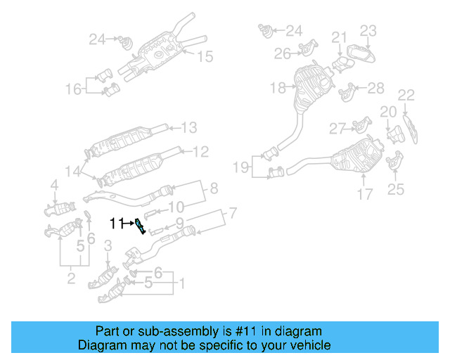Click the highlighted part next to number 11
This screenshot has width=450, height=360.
141,226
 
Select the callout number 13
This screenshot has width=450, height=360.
189,128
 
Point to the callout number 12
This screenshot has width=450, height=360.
200,151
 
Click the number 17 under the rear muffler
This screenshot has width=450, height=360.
364,194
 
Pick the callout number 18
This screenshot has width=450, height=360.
277,88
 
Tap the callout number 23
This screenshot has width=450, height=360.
368,30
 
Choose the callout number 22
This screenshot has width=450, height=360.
406,95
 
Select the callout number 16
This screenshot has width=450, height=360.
74,89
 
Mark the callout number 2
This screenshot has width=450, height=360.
71,280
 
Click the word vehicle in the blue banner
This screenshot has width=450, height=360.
307,346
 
